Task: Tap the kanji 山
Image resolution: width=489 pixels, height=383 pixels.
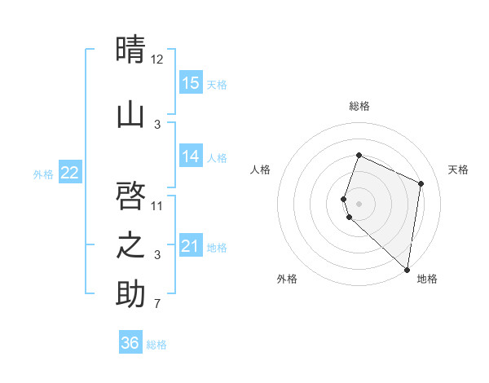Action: point(130,114)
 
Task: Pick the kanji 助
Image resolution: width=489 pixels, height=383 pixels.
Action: point(130,294)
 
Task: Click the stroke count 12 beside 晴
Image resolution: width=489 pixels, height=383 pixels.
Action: point(157,59)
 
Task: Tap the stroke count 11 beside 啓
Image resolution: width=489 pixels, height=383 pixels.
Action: point(157,205)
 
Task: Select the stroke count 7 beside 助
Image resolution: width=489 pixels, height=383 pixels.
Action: point(157,305)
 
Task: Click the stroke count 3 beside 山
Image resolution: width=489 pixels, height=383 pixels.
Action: point(157,124)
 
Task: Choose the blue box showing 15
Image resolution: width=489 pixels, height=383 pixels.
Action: point(191,83)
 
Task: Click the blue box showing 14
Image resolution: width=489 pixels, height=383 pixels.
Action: point(191,156)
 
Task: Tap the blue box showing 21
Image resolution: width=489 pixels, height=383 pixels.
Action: point(191,246)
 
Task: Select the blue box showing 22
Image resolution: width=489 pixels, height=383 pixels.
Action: point(70,173)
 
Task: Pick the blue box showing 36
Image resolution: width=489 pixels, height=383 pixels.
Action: point(130,343)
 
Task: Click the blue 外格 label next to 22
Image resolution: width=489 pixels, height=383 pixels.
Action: point(43,174)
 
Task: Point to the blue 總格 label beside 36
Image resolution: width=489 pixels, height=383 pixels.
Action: point(156,345)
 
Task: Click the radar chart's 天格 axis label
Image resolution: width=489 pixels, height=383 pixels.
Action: point(458,169)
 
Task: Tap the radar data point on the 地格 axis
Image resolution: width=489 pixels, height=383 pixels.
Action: point(407,269)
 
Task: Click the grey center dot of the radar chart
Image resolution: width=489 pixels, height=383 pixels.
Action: point(359,203)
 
